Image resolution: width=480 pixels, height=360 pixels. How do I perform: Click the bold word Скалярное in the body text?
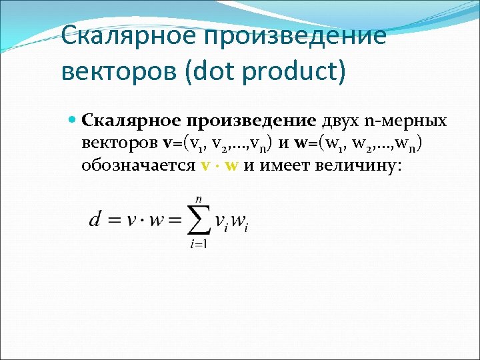point(131,122)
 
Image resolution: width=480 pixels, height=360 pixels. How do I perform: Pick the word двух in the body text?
point(339,121)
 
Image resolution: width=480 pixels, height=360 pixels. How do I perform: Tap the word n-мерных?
point(405,121)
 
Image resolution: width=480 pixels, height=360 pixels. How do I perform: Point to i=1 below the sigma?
point(198,245)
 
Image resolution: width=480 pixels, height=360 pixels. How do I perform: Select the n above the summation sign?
point(198,198)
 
